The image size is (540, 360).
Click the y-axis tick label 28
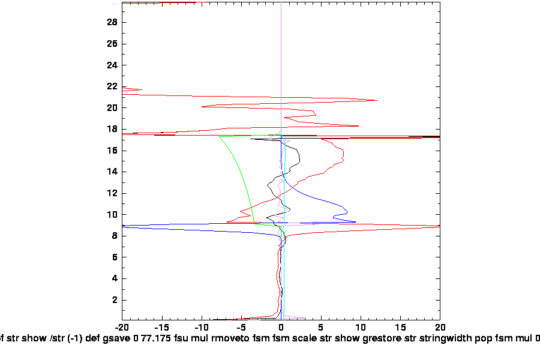click(112, 22)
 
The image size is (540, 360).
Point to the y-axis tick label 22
click(112, 86)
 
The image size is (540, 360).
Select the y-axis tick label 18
click(112, 129)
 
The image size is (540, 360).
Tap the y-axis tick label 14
click(112, 172)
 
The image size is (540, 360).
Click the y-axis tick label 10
click(112, 214)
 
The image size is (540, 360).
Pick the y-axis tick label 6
click(115, 257)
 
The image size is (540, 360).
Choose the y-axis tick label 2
click(115, 300)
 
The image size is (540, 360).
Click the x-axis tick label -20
click(122, 328)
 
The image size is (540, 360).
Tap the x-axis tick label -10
click(202, 328)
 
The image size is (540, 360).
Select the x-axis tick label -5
click(242, 328)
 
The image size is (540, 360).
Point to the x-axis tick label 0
click(281, 328)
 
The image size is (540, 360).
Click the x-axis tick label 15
click(400, 328)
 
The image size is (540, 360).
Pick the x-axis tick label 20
click(440, 328)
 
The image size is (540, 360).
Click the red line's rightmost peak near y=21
click(377, 100)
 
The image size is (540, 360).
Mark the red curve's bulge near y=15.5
click(343, 155)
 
